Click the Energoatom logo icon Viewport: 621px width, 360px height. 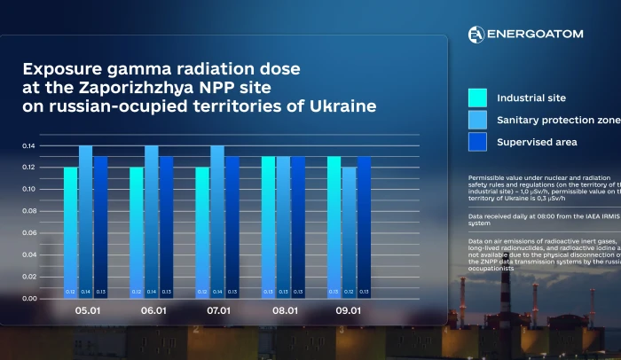(476, 34)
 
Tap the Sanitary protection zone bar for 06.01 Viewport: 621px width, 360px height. (152, 222)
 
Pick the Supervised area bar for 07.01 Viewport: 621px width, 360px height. (232, 227)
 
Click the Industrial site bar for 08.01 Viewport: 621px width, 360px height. (268, 227)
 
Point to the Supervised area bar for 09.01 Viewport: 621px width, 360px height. (364, 227)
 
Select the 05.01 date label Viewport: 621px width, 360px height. (85, 311)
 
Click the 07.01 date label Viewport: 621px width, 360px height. (217, 311)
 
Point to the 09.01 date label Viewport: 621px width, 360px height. (349, 311)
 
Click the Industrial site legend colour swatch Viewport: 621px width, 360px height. (478, 98)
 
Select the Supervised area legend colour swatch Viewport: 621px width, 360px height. (478, 142)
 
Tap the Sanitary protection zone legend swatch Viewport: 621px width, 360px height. (478, 120)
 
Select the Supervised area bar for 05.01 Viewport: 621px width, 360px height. (100, 227)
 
